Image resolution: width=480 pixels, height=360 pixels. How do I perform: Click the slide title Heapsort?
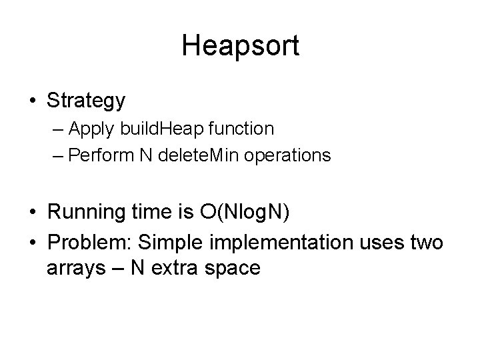pos(240,46)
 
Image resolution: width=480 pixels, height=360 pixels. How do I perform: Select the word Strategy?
pos(86,101)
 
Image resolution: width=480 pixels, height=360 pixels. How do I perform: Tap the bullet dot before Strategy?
pos(33,101)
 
